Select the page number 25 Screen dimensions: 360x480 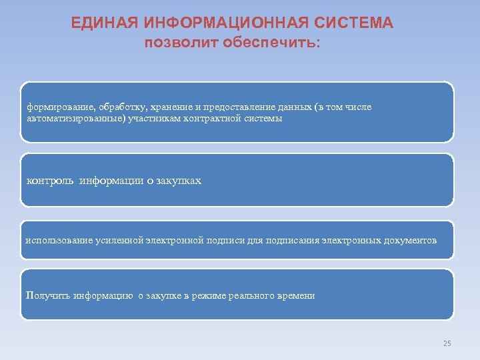(447, 343)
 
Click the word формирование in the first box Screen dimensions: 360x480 (59, 107)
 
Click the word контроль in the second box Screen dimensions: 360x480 (50, 181)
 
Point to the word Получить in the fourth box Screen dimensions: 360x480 (48, 295)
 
